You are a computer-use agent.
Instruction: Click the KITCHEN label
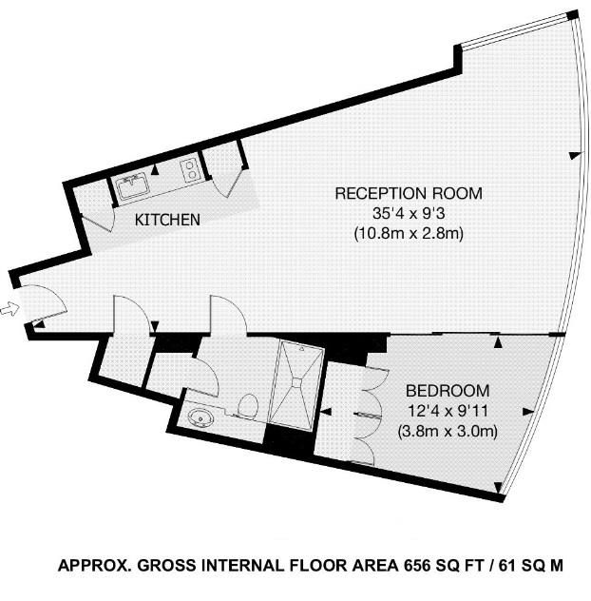(x=167, y=220)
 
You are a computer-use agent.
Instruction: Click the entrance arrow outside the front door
(x=10, y=308)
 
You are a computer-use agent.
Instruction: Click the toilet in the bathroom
(x=247, y=407)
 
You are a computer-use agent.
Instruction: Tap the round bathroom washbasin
(x=200, y=417)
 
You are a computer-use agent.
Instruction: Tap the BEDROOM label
(x=448, y=391)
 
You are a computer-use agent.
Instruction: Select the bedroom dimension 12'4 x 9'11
(x=448, y=411)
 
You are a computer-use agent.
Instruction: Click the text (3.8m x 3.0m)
(x=448, y=431)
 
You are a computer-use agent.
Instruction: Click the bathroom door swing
(x=206, y=375)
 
